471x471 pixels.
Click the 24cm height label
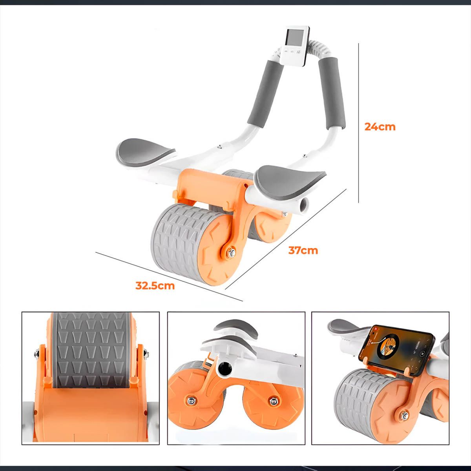tap(380, 127)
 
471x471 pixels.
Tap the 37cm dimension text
tap(303, 250)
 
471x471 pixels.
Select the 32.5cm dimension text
tap(155, 285)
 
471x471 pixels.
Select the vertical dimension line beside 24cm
tap(359, 124)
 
